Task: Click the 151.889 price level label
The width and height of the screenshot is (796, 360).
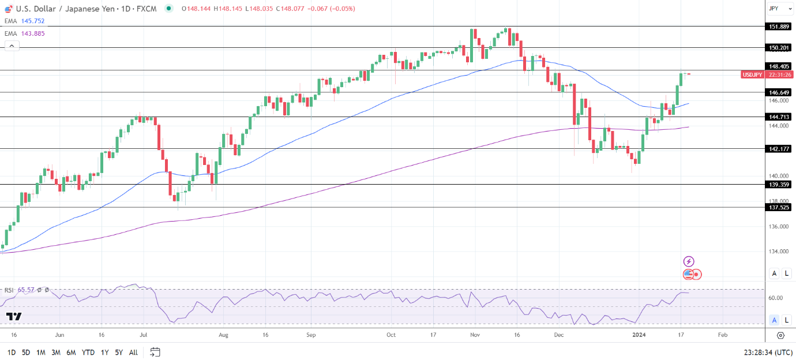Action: tap(779, 27)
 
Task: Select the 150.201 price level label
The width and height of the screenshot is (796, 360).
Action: tap(779, 47)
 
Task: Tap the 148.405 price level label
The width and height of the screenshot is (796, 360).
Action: tap(779, 66)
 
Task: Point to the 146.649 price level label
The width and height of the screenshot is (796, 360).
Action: tap(779, 92)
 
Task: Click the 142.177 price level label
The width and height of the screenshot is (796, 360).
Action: tap(779, 148)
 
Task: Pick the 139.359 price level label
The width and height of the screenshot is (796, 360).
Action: tap(779, 185)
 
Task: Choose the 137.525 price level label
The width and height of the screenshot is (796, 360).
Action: tap(779, 207)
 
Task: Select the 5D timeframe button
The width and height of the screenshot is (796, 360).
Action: tap(26, 352)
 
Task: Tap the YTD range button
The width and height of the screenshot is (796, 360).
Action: tap(88, 352)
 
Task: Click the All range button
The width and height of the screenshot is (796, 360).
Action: tap(133, 352)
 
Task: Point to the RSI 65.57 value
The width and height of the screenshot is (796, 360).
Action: tap(26, 290)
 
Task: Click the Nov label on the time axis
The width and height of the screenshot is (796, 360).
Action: tap(475, 335)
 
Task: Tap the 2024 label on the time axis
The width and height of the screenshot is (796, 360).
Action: tap(639, 335)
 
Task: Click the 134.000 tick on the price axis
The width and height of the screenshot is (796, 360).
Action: tap(779, 252)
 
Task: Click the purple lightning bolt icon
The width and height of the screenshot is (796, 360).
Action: tap(688, 262)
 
